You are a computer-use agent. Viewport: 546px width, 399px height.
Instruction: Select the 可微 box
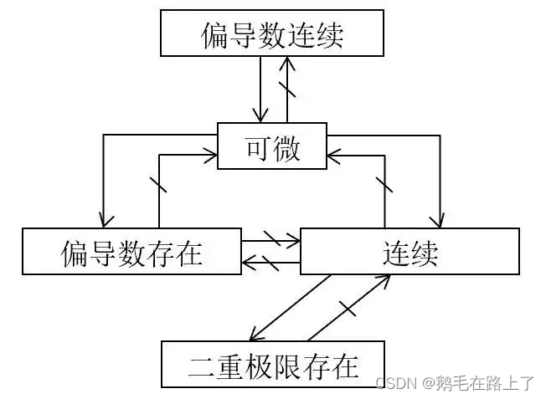click(272, 146)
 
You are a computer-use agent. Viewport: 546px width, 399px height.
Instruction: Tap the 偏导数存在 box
click(131, 251)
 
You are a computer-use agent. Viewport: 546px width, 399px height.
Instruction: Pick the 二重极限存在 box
click(273, 364)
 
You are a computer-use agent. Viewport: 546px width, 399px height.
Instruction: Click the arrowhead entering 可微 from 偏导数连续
click(262, 116)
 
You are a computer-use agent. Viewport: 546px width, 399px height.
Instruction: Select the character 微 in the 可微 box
click(286, 146)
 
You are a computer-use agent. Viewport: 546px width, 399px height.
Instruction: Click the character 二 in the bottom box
click(200, 365)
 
